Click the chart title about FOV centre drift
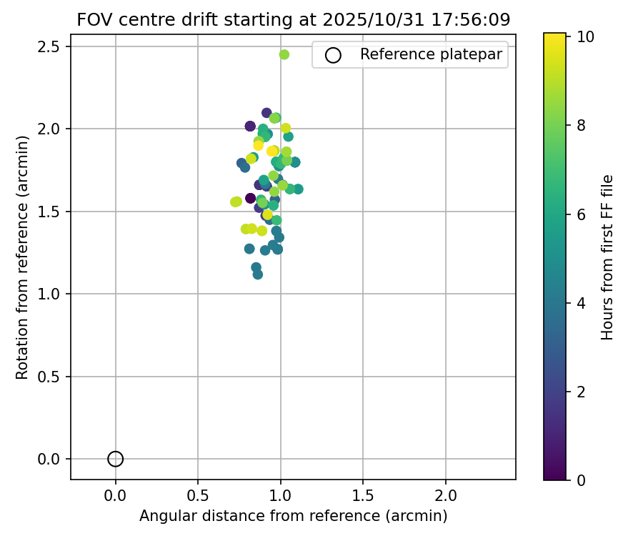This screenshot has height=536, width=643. coord(294,20)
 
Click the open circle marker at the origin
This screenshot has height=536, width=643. coord(116,459)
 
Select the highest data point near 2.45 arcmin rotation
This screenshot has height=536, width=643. coord(284,54)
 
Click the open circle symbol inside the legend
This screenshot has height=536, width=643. coord(333,55)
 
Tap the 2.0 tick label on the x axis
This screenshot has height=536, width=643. coord(446,495)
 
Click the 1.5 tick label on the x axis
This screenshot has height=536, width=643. coord(363,495)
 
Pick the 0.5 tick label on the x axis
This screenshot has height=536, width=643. coord(198,495)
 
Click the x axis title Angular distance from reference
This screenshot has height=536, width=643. coord(293,516)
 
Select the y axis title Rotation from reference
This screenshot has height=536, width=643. coord(22,257)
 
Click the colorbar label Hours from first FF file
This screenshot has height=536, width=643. coord(607,257)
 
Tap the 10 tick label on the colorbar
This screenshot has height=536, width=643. coord(586,37)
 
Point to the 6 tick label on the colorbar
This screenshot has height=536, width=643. coord(582,214)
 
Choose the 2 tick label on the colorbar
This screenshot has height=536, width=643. coord(582,392)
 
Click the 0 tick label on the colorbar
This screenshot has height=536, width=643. coord(582,480)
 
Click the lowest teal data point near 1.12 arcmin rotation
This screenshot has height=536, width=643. coord(258,274)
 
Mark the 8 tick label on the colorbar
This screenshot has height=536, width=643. coord(582,126)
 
